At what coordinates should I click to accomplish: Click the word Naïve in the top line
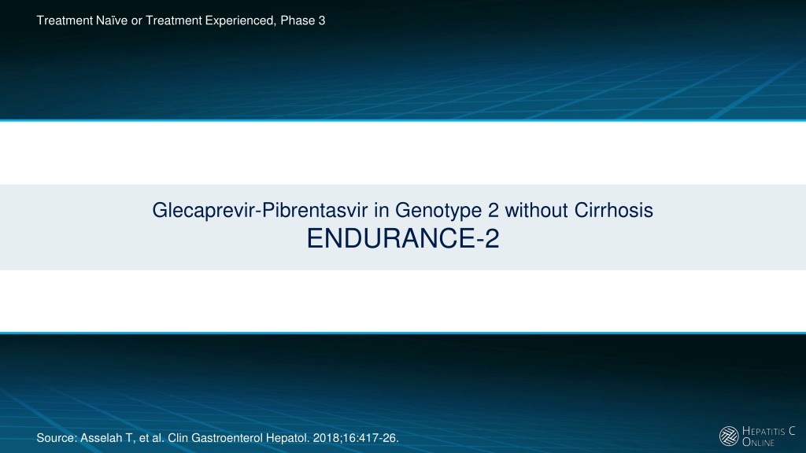click(112, 20)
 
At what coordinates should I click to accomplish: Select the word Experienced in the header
click(240, 21)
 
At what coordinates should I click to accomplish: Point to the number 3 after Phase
click(322, 20)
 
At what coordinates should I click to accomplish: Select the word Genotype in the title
click(438, 211)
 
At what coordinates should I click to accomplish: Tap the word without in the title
click(536, 210)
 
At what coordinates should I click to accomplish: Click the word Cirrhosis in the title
click(614, 210)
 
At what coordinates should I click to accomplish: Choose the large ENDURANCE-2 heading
click(403, 239)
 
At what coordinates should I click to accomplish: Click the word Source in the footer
click(57, 438)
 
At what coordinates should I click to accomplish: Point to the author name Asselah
click(101, 438)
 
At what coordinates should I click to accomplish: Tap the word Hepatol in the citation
click(291, 438)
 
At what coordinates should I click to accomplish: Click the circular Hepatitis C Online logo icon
click(729, 436)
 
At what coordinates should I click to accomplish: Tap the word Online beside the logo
click(758, 442)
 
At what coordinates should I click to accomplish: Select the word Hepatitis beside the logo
click(763, 431)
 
